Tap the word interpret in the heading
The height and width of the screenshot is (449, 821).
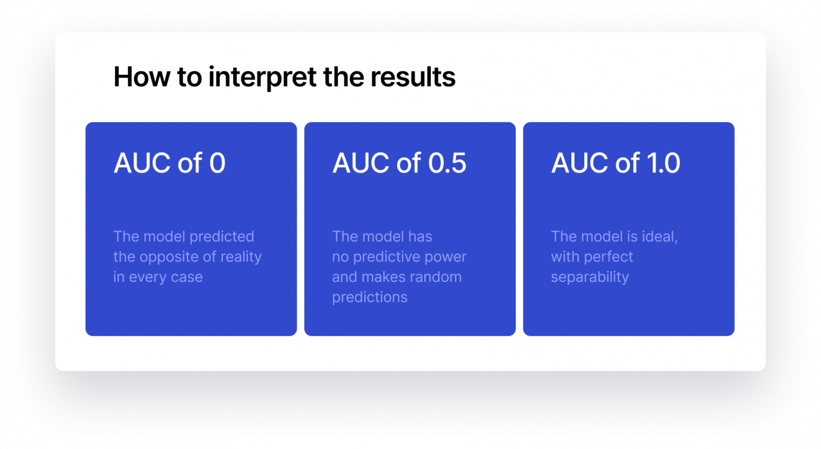coord(262,77)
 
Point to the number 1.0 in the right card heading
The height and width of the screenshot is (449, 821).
coord(663,163)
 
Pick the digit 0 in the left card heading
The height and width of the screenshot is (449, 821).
coord(218,163)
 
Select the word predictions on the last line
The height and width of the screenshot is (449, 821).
coord(369,297)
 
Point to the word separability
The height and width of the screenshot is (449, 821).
coord(590,278)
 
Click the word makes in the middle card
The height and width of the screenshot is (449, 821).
coord(385,277)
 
